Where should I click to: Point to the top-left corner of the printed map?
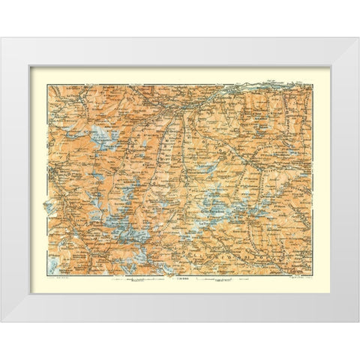coord(47,85)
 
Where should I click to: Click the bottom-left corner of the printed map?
coord(47,274)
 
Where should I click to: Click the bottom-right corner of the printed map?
coord(313,274)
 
